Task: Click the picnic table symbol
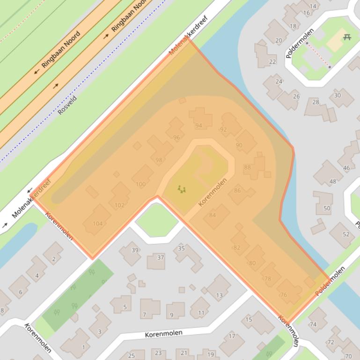point(347,37)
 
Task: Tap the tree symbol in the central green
point(181,189)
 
